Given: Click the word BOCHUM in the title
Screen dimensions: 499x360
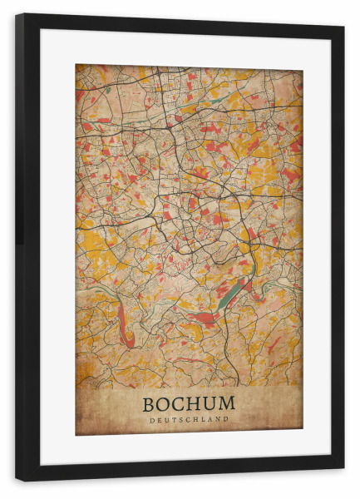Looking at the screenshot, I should [189, 404].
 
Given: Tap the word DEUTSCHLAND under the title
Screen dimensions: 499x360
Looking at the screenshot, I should [189, 420].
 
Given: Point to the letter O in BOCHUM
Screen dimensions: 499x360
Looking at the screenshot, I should [165, 404].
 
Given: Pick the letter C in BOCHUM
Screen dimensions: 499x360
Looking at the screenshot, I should [180, 404].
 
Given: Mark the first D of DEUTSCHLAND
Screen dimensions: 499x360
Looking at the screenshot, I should [152, 420].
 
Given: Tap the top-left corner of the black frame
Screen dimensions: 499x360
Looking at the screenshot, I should [17, 15].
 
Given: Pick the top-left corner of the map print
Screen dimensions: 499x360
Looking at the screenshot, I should [76, 65].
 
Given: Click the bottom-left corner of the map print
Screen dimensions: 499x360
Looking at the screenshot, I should [76, 435].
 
